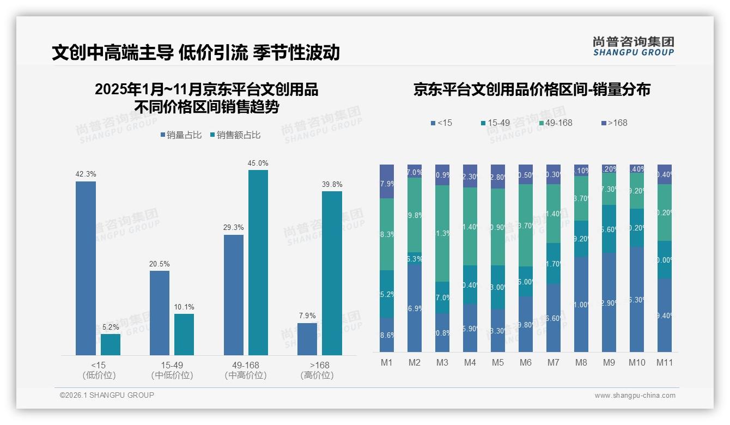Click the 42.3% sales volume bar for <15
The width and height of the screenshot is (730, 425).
point(86,268)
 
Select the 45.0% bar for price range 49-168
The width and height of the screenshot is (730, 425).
point(258,263)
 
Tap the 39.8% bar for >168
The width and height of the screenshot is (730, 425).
point(332,273)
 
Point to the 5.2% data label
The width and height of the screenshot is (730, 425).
point(111,327)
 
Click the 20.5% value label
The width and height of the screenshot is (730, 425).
point(159,264)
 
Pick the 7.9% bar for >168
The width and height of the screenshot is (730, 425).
point(307,339)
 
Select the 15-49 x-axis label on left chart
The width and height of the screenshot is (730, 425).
point(172,365)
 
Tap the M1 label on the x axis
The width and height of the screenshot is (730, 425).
point(387,362)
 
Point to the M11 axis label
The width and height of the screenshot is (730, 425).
point(665,362)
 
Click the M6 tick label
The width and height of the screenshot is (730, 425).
point(526,362)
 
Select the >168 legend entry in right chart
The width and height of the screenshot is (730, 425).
point(614,123)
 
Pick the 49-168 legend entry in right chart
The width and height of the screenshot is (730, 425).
point(556,123)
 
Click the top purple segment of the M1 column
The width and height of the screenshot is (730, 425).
point(387,181)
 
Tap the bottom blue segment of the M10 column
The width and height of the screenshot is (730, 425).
point(637,299)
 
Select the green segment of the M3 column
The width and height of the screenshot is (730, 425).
point(442,233)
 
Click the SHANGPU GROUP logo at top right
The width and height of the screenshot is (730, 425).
point(633,46)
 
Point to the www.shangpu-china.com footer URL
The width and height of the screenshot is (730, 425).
point(635,396)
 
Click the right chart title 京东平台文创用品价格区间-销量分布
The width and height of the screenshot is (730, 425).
point(532,89)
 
